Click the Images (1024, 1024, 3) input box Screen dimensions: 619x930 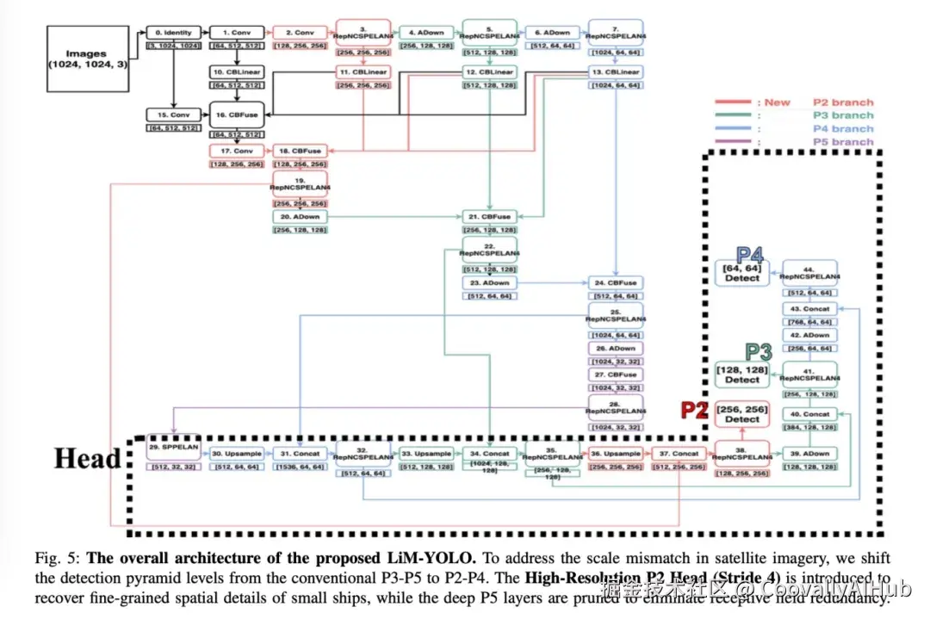[87, 59]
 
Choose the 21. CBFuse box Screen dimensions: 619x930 [489, 216]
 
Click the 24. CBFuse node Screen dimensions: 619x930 [616, 282]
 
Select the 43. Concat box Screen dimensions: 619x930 [810, 309]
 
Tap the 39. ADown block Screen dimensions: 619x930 [810, 453]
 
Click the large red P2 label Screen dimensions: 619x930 [694, 410]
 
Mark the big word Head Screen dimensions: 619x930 [88, 458]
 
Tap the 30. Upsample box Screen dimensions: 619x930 [235, 453]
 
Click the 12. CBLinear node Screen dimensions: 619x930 [489, 72]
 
